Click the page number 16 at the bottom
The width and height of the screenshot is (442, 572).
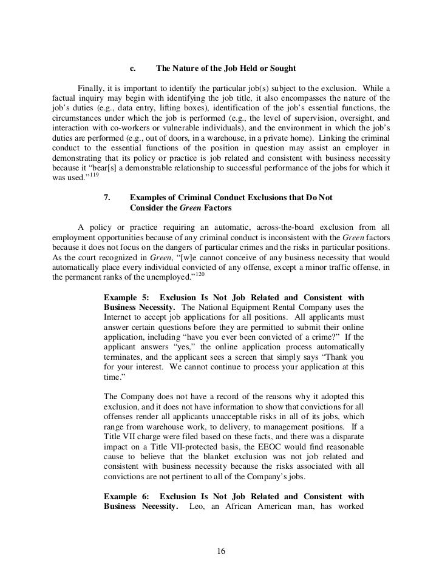click(221, 551)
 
